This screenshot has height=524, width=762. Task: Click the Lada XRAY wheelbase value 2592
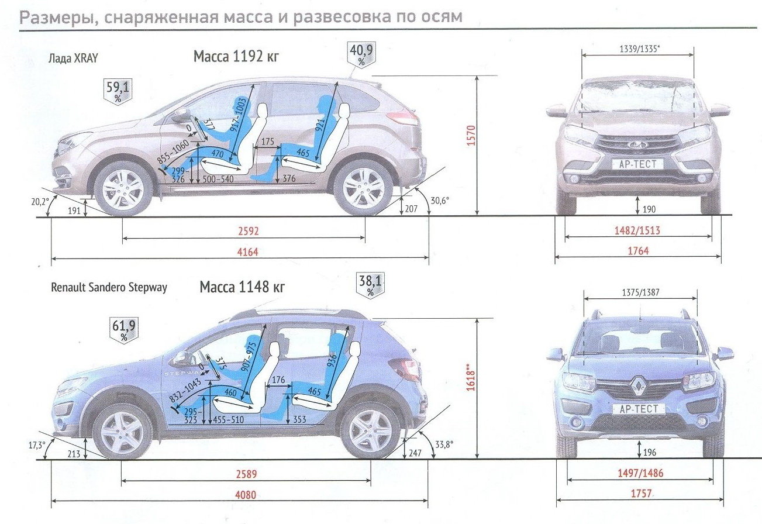[249, 231]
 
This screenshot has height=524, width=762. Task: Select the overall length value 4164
[247, 252]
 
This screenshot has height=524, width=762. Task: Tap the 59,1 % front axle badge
[118, 91]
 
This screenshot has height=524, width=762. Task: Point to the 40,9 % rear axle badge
[361, 54]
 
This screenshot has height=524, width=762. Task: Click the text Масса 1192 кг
[236, 57]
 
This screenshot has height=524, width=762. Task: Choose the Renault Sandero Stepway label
[109, 288]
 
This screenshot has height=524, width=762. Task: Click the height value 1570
[471, 136]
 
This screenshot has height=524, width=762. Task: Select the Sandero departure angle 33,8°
[444, 444]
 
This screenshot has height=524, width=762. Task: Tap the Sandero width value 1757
[641, 493]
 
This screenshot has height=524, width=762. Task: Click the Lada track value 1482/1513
[637, 230]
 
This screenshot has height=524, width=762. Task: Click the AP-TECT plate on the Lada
[638, 164]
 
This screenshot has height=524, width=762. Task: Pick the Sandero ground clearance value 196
[649, 452]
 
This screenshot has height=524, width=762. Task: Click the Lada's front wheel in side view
[123, 188]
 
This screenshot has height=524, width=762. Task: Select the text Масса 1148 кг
[242, 287]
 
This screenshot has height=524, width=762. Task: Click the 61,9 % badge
[124, 330]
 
